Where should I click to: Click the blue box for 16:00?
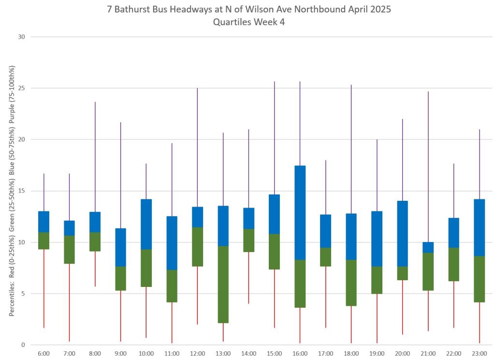(x=300, y=213)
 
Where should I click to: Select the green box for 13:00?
(x=223, y=285)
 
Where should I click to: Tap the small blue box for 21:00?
(x=428, y=247)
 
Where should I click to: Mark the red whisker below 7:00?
(x=70, y=302)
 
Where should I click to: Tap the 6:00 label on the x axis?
(x=44, y=354)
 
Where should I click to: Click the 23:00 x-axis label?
(x=479, y=354)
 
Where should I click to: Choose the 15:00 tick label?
(x=274, y=354)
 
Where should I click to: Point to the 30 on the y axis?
(x=22, y=37)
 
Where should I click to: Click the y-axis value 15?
(x=22, y=191)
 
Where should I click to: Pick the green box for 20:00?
(x=402, y=273)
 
